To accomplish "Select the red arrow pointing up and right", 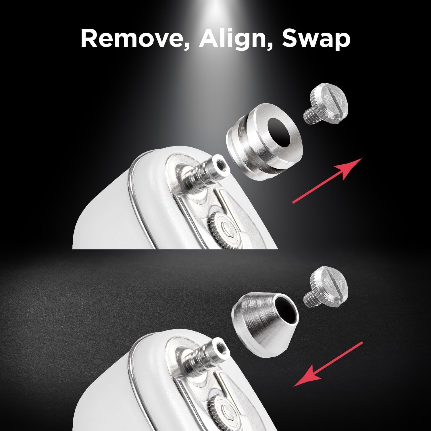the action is [x=327, y=181].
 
